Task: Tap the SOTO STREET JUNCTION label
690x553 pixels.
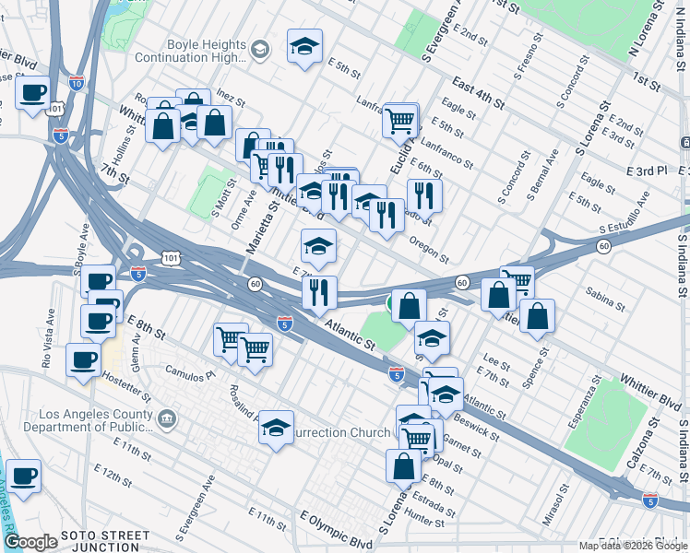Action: point(105,541)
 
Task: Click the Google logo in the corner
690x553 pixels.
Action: point(30,542)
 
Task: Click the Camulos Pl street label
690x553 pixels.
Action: point(191,375)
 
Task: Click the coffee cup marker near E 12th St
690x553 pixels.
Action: point(24,477)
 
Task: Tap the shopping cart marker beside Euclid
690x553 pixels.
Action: point(400,120)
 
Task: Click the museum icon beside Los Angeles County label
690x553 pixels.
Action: point(166,420)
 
